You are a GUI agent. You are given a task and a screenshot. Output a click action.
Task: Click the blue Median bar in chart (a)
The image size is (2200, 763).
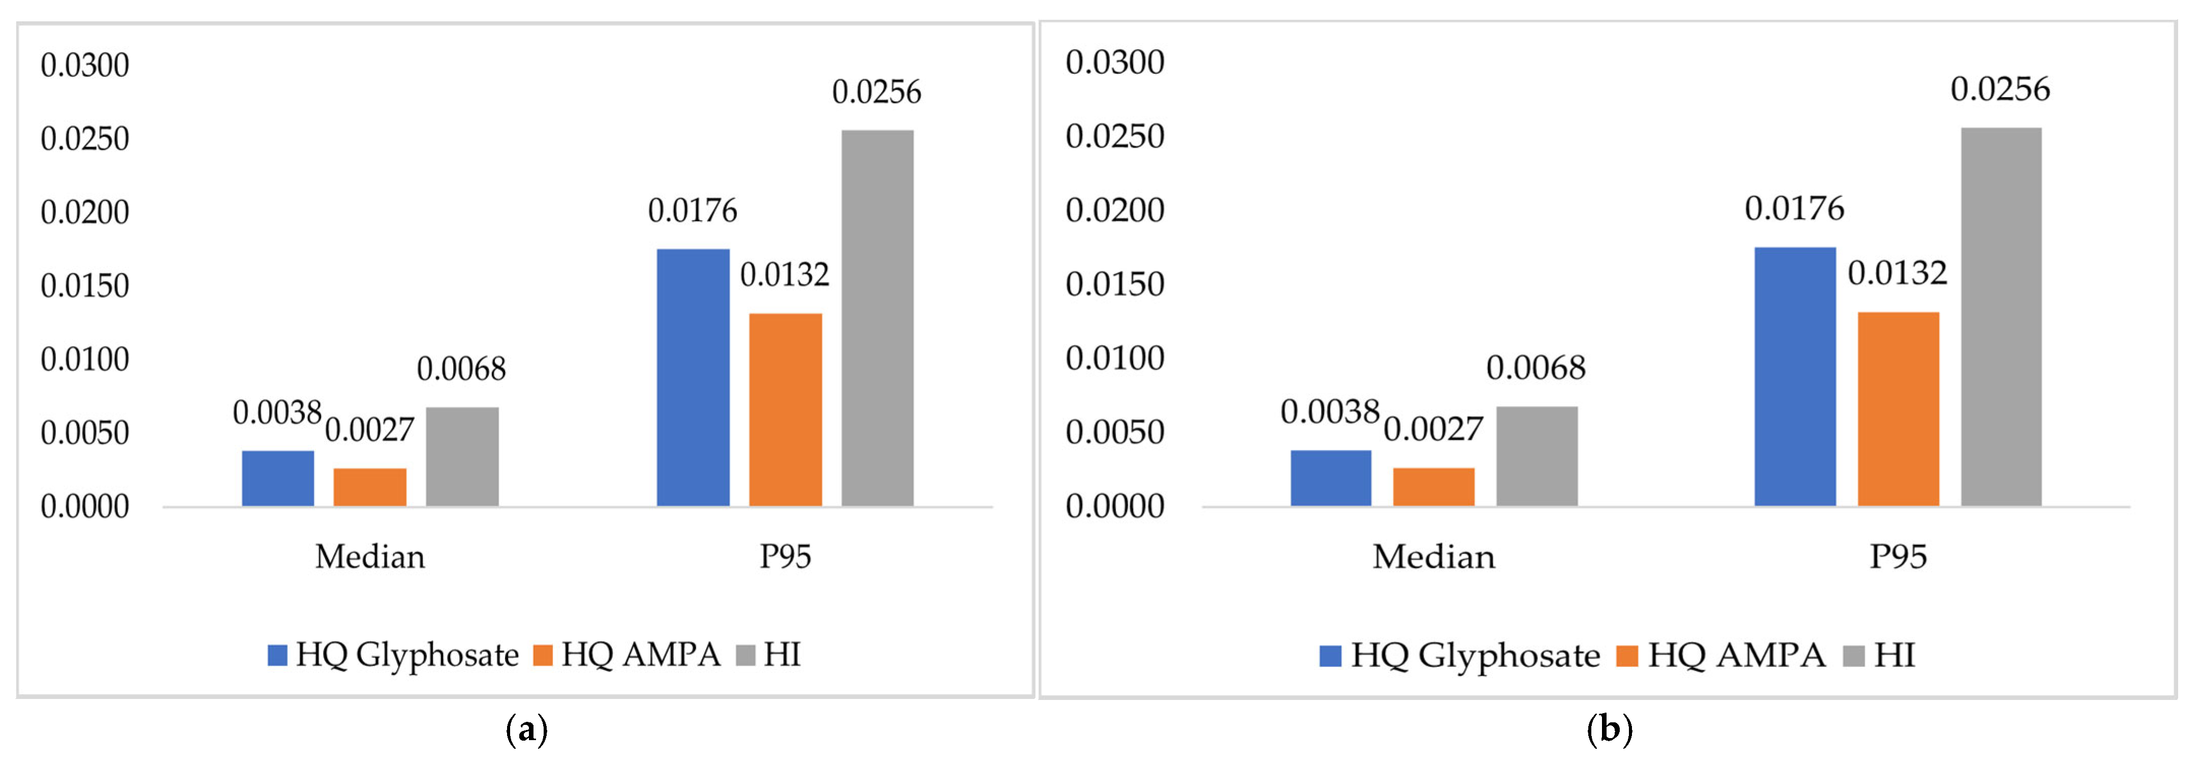click(x=277, y=478)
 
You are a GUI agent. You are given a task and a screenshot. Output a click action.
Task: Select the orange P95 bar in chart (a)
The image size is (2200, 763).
click(x=785, y=410)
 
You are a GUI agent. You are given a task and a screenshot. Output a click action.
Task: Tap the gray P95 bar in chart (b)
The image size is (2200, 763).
click(x=2001, y=317)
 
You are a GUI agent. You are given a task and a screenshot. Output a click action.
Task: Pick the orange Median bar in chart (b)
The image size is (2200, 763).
click(x=1434, y=487)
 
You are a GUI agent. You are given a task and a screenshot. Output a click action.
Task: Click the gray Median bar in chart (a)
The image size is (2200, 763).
click(x=462, y=457)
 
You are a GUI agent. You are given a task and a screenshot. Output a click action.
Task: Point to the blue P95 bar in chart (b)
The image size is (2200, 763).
click(x=1795, y=377)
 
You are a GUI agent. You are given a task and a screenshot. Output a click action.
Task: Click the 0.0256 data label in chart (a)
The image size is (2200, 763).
click(x=877, y=93)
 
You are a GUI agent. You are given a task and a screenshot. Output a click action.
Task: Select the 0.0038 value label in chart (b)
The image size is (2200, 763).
click(x=1330, y=412)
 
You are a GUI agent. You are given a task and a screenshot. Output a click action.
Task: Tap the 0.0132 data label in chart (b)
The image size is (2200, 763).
click(x=1898, y=273)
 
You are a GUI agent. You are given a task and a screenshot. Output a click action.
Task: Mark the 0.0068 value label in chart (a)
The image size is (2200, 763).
click(x=461, y=369)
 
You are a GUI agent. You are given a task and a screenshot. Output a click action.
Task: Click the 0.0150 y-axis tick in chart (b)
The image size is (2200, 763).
click(x=1115, y=284)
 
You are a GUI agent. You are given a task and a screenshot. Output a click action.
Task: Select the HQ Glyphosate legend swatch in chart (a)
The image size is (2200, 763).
click(x=277, y=655)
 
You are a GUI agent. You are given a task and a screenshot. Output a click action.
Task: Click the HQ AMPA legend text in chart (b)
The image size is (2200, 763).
click(x=1736, y=655)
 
